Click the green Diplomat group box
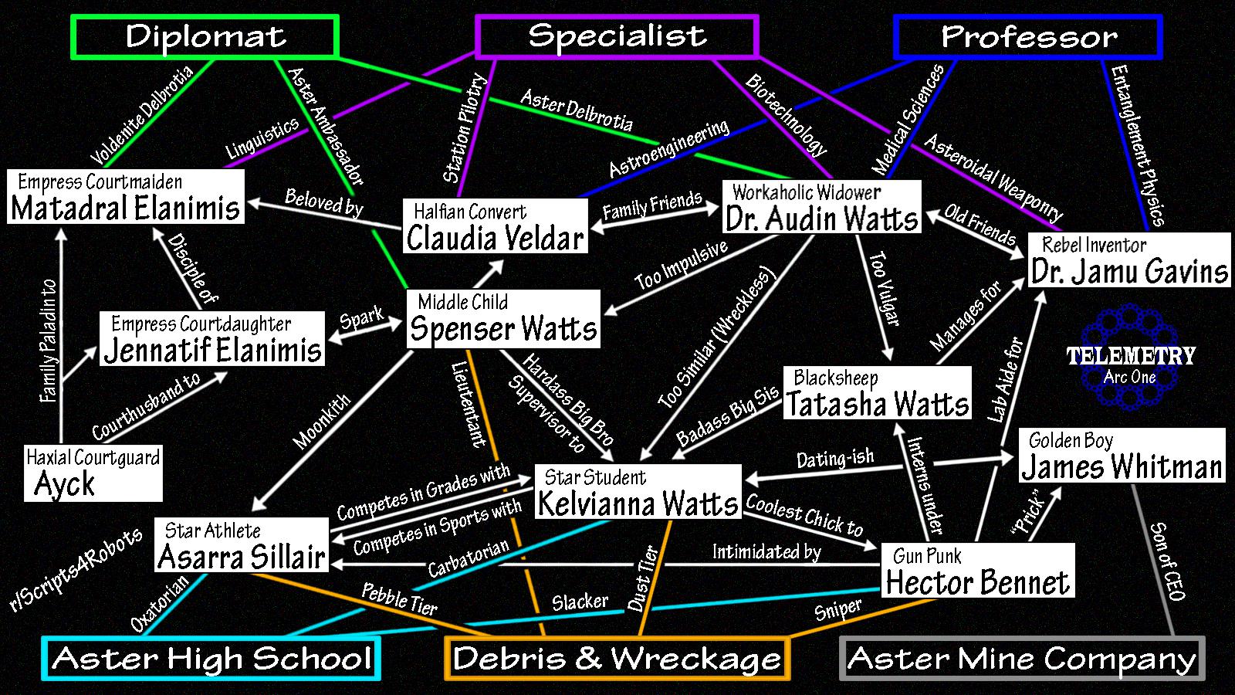[205, 36]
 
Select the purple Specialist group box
[617, 36]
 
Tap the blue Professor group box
[1028, 36]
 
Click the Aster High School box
[211, 659]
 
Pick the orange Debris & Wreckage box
[617, 659]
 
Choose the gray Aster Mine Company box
[1022, 659]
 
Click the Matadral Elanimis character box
[126, 197]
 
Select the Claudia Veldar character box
[495, 225]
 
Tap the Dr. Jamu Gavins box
[1129, 260]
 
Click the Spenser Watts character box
[503, 318]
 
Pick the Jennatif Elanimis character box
[212, 338]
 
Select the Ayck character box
[93, 473]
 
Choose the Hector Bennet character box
[978, 571]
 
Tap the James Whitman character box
[1122, 456]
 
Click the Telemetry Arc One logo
[1131, 357]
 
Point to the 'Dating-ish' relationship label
[835, 459]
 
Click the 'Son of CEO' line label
[1167, 561]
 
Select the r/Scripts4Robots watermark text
[76, 570]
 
